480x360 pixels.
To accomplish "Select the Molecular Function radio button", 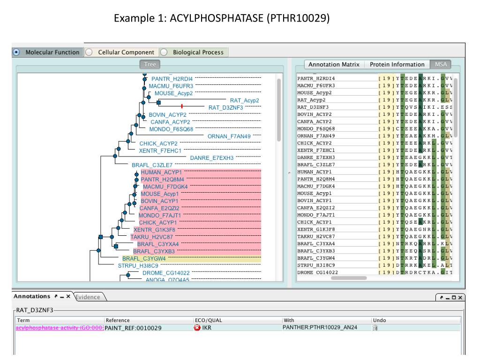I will (16, 52).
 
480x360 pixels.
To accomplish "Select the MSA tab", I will (441, 65).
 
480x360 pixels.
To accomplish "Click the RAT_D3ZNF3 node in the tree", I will (226, 107).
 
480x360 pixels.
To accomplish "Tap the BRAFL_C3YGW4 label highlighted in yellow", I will (144, 258).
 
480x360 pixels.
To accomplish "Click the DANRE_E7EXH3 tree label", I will (211, 158).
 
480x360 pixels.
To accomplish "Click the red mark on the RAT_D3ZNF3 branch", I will (181, 107).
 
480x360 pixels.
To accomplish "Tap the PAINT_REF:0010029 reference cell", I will (133, 328).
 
